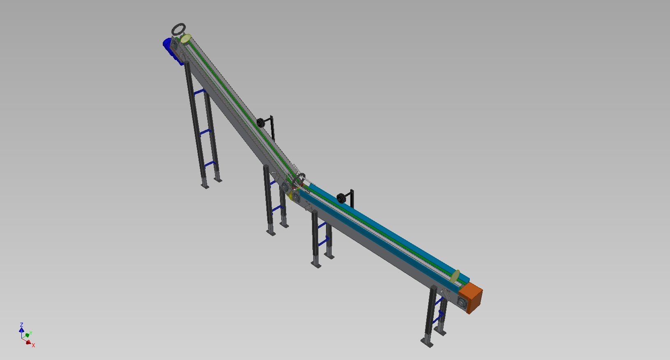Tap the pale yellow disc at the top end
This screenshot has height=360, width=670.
point(186,39)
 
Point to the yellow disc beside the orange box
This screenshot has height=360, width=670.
point(455,277)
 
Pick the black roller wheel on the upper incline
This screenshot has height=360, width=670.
point(261,123)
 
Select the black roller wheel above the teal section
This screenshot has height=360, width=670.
point(341,198)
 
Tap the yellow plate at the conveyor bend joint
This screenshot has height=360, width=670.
point(290,196)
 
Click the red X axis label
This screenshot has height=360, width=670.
point(33,345)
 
